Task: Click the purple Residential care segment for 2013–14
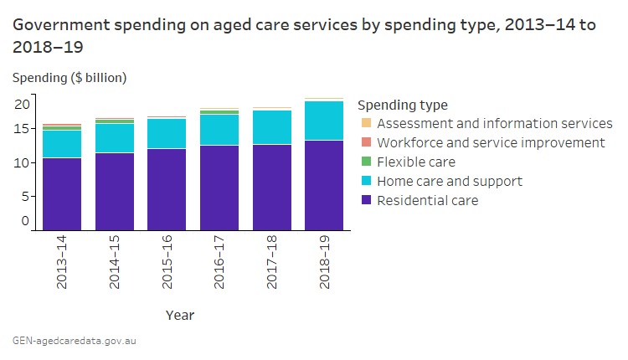pos(62,193)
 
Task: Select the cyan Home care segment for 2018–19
pos(324,121)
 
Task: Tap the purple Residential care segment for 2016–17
pos(219,187)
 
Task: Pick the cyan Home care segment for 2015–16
pos(167,133)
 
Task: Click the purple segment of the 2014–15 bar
pos(115,191)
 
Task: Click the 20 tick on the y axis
pos(22,104)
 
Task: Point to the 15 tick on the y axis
pos(22,128)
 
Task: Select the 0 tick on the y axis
pos(25,221)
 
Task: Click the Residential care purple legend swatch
pos(366,200)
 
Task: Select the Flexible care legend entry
pos(416,162)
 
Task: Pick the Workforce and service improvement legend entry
pos(491,142)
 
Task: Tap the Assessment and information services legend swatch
pos(366,123)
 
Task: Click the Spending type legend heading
pos(402,105)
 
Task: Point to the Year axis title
pos(179,315)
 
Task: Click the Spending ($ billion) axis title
pos(69,78)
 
